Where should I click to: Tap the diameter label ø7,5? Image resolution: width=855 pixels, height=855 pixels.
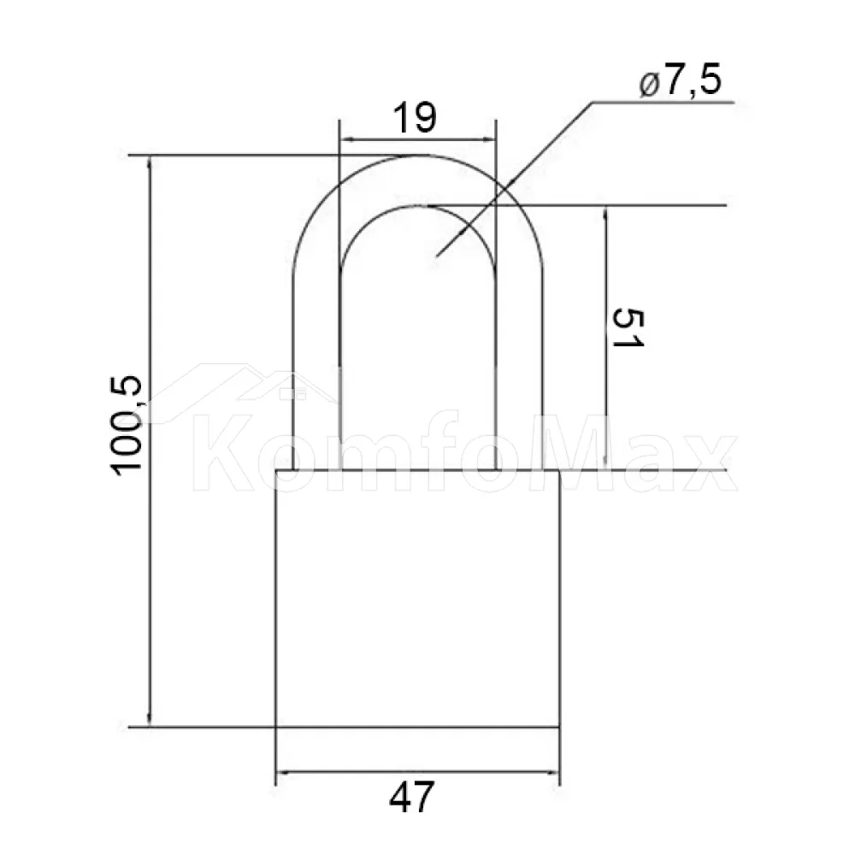click(x=681, y=82)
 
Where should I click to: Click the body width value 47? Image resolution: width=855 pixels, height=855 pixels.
click(x=412, y=797)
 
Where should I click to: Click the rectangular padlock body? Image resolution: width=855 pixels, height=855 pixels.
click(x=418, y=598)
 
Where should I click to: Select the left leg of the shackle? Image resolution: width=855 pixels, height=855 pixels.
click(x=316, y=371)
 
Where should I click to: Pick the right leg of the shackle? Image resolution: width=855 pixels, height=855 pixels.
click(x=519, y=371)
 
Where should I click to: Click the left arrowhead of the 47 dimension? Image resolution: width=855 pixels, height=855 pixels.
click(x=284, y=772)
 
